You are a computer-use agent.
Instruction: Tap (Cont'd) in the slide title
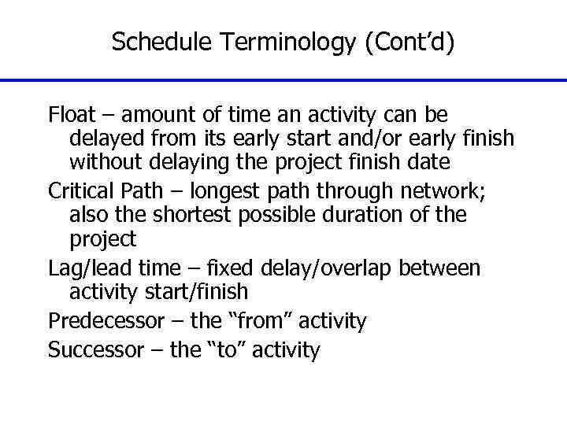pos(409,42)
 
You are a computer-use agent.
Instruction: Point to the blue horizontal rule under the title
pos(283,80)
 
